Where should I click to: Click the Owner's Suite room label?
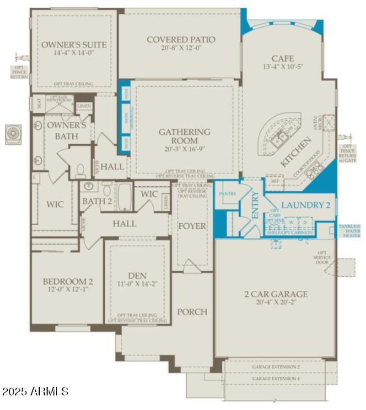pyautogui.click(x=74, y=45)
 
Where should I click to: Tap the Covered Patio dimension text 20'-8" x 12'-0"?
pyautogui.click(x=181, y=48)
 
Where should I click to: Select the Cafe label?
pyautogui.click(x=282, y=58)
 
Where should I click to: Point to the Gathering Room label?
pyautogui.click(x=184, y=136)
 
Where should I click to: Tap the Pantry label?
pyautogui.click(x=227, y=194)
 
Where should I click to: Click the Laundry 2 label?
pyautogui.click(x=305, y=205)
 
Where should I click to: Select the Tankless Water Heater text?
pyautogui.click(x=350, y=231)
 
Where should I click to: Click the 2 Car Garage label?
pyautogui.click(x=275, y=294)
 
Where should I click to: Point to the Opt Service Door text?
pyautogui.click(x=322, y=258)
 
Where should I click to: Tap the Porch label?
pyautogui.click(x=193, y=312)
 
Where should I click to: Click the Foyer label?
pyautogui.click(x=192, y=226)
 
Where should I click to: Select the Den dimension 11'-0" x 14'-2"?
pyautogui.click(x=137, y=284)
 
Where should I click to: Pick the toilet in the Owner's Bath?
pyautogui.click(x=81, y=171)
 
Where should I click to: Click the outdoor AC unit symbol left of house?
pyautogui.click(x=13, y=134)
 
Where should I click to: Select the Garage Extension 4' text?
pyautogui.click(x=276, y=378)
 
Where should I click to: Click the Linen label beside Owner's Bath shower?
pyautogui.click(x=84, y=106)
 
